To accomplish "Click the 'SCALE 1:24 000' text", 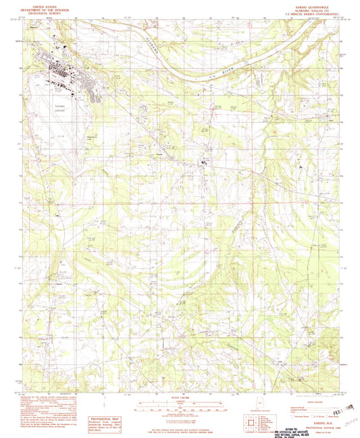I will click(180, 397).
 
